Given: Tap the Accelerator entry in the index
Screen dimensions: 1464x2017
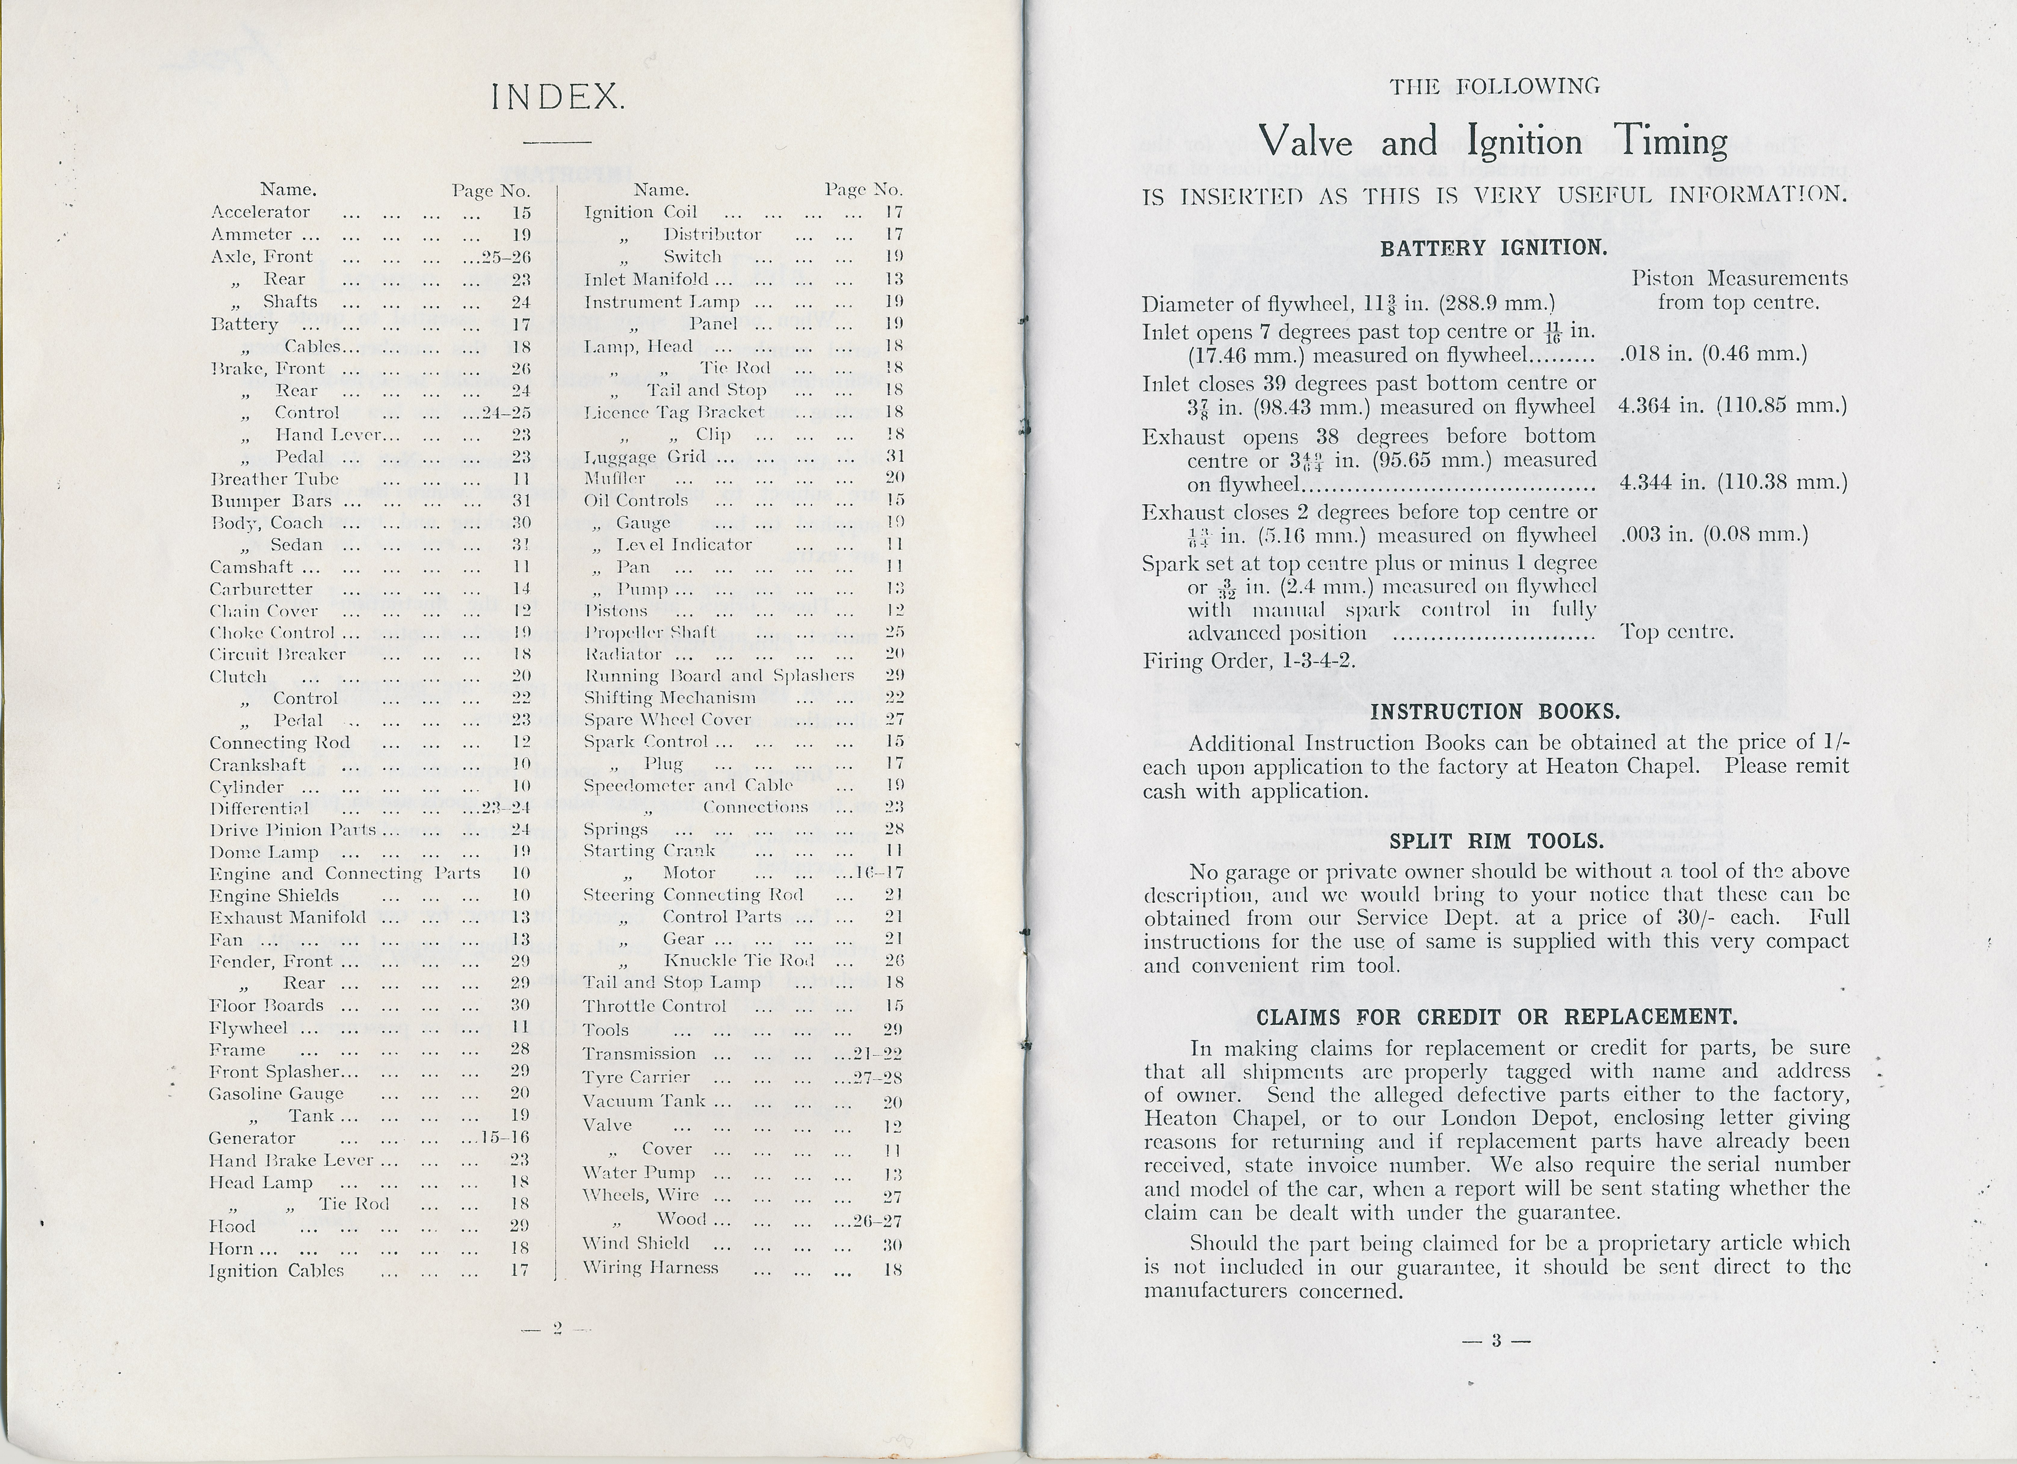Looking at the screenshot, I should [261, 212].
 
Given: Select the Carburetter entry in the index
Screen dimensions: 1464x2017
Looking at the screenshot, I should [261, 589].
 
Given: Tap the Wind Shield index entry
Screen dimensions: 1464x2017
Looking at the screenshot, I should [635, 1243].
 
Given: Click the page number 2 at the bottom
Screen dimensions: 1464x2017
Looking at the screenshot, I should [558, 1328].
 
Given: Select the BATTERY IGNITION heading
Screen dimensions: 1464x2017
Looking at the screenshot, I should [1493, 248].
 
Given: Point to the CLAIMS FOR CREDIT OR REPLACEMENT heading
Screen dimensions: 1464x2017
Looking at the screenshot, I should [1497, 1017].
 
